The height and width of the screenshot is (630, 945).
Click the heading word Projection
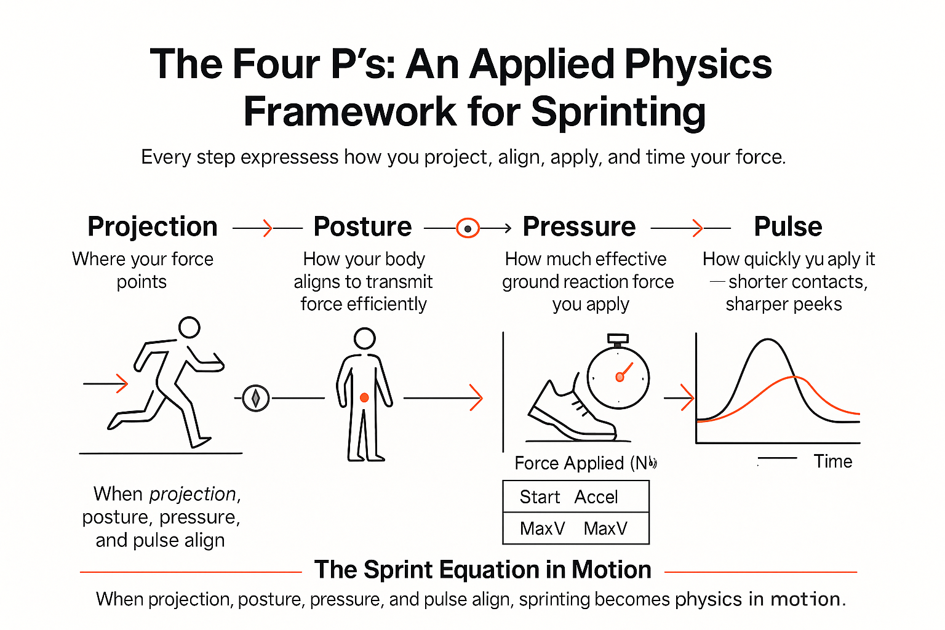point(153,226)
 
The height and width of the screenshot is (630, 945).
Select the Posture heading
point(362,226)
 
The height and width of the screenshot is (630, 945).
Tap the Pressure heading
point(579,226)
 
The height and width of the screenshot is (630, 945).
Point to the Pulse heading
point(788,226)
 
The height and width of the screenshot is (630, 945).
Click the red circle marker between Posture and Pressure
point(468,228)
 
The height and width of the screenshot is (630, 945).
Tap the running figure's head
point(189,327)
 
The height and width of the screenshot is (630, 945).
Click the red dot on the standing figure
point(364,398)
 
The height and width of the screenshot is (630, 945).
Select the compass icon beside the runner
point(255,398)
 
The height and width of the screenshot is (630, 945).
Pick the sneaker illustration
point(569,412)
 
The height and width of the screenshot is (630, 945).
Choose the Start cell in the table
point(540,497)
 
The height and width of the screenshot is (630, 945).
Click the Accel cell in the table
point(596,497)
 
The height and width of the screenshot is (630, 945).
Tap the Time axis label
point(833,461)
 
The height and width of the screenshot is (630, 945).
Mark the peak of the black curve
point(768,340)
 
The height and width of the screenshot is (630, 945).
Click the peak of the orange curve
point(795,377)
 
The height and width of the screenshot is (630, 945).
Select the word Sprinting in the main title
point(618,112)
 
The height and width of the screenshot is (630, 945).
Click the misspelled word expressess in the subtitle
point(289,157)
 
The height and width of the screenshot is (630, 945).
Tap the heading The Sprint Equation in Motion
point(482,570)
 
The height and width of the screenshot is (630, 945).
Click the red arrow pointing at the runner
point(106,384)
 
